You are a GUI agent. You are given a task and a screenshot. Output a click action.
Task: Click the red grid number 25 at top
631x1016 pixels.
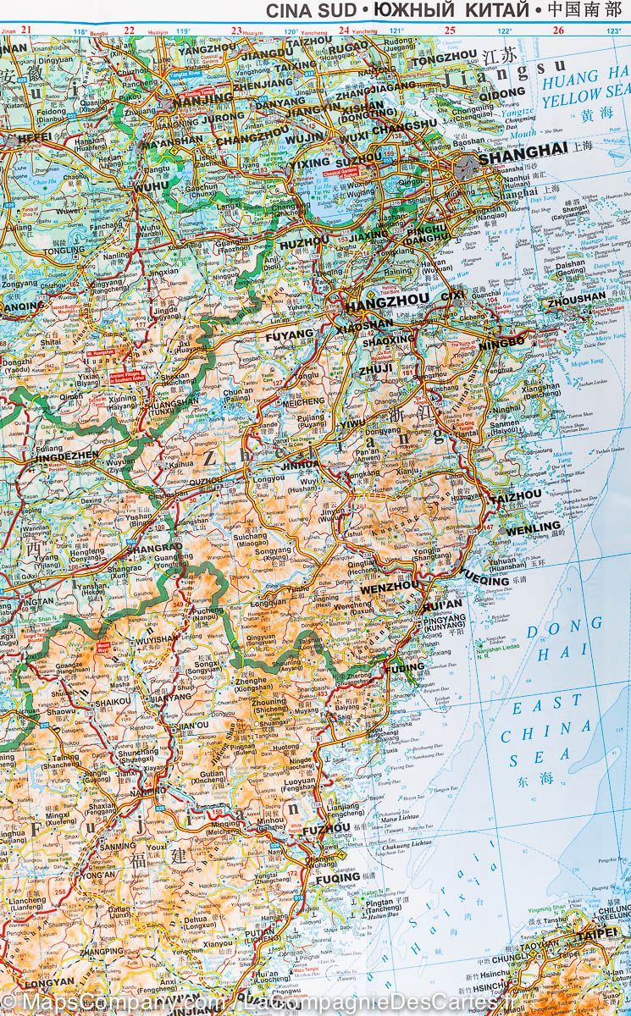[x=451, y=30]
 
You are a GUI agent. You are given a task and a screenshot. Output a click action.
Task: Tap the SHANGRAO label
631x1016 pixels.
[x=153, y=549]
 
